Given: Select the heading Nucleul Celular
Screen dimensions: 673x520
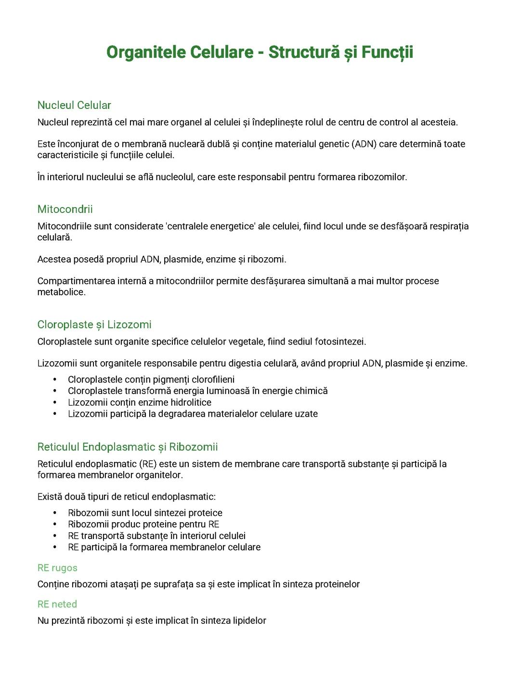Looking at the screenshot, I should [x=74, y=105].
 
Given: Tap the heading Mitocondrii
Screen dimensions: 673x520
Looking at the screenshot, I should [x=65, y=209].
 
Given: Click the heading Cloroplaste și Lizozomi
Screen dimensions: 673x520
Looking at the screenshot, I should [x=94, y=325].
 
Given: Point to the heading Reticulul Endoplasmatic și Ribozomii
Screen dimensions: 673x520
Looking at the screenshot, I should [x=128, y=447].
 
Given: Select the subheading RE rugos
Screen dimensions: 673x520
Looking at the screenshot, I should [x=57, y=568].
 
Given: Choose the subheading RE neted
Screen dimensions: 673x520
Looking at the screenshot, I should [x=57, y=604].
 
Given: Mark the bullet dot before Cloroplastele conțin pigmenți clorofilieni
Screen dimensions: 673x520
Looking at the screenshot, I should [x=55, y=380].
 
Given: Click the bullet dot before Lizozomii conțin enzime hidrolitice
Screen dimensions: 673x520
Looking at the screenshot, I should [x=55, y=402].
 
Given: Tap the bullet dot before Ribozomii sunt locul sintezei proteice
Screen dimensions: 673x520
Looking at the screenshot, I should [x=55, y=513].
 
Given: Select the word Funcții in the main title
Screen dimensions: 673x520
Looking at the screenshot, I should [x=388, y=52].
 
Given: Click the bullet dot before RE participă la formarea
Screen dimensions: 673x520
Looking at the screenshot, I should [x=55, y=547].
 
